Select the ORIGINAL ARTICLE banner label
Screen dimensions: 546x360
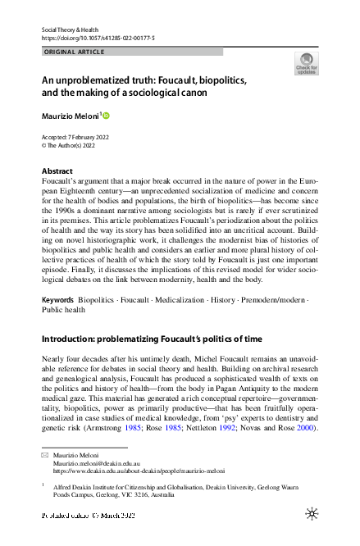pyautogui.click(x=73, y=52)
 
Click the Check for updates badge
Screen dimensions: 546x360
pyautogui.click(x=306, y=64)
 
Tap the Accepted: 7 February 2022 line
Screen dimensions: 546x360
pyautogui.click(x=76, y=137)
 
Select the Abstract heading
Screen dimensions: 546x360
pyautogui.click(x=57, y=171)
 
